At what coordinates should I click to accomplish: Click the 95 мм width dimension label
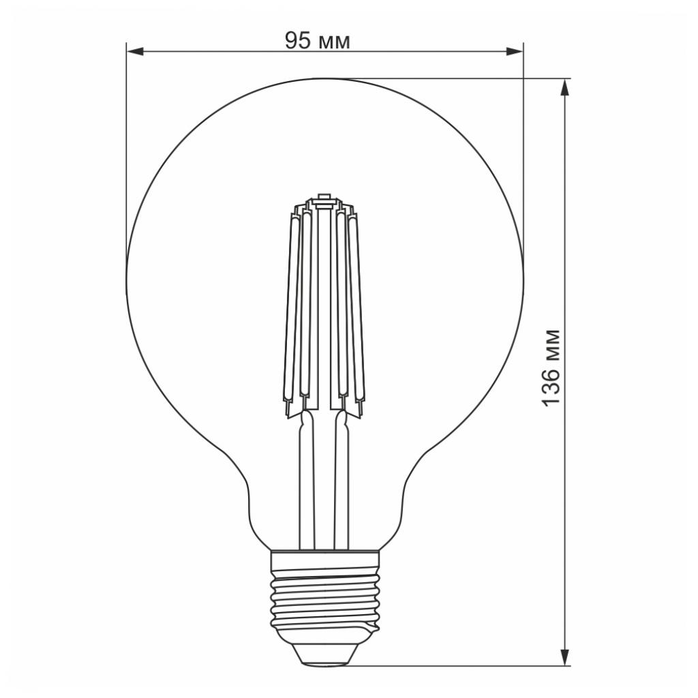[x=317, y=41]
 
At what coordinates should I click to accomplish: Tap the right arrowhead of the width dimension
[x=516, y=51]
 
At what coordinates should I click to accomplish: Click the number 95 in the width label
[x=297, y=41]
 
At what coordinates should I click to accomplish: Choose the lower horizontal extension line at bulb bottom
[x=464, y=665]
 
